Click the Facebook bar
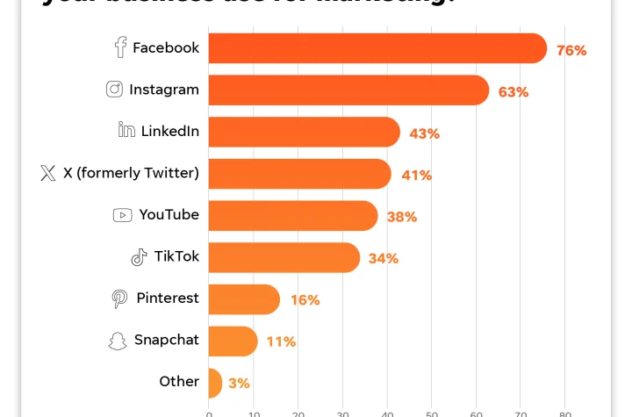[377, 48]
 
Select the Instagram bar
[348, 90]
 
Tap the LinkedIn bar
[304, 132]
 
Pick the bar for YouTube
[293, 215]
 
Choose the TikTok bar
[284, 257]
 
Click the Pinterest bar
[244, 299]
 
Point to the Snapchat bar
[233, 341]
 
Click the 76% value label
[571, 51]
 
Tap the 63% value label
[513, 92]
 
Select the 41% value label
[416, 176]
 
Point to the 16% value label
[305, 300]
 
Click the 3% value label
[239, 384]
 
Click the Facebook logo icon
[120, 48]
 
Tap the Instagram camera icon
[114, 90]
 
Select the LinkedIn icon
[126, 131]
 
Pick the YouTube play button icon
[123, 215]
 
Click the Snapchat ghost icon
[118, 341]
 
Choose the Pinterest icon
[119, 298]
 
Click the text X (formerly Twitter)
[131, 173]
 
